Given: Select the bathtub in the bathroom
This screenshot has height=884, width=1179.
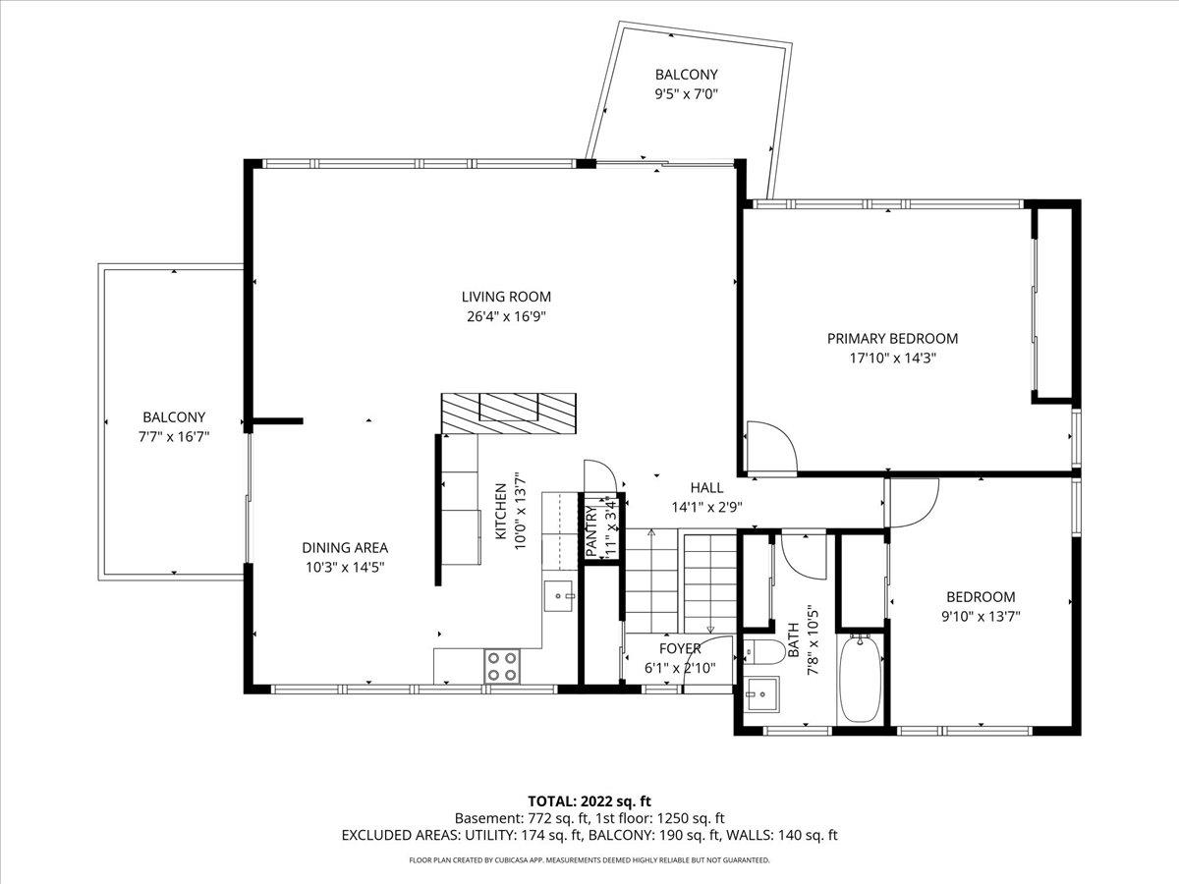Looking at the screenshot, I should click(862, 678).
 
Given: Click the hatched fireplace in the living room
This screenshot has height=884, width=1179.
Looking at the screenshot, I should click(508, 411).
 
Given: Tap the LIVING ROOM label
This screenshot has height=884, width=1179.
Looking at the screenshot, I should click(506, 297).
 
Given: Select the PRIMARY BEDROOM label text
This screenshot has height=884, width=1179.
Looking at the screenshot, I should click(891, 339).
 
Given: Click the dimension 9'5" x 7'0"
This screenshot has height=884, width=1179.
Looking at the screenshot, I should click(687, 95).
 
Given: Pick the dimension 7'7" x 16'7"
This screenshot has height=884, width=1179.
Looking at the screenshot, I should click(174, 437).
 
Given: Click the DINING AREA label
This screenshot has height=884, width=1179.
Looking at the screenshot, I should click(345, 548).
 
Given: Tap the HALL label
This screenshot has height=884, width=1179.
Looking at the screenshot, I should click(706, 487).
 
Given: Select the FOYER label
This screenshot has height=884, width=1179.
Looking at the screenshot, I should click(680, 648).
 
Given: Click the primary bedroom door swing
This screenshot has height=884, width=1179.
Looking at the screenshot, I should click(771, 447).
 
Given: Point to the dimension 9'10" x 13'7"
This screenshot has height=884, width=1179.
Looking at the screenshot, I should click(981, 617).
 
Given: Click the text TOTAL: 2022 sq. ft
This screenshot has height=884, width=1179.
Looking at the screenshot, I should click(589, 801).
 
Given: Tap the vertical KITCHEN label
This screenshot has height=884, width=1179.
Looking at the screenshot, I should click(500, 511).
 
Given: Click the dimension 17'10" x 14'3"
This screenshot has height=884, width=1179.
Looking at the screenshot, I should click(892, 359).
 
